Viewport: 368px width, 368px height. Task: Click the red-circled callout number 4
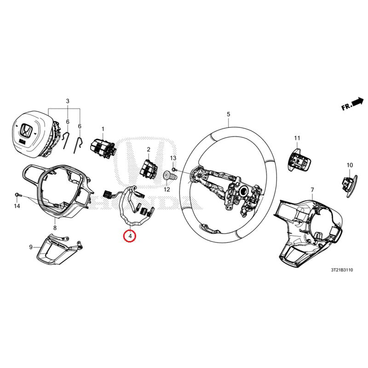[x=130, y=236]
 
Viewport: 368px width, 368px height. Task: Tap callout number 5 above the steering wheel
[x=228, y=114]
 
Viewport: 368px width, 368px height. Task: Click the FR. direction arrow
[x=352, y=104]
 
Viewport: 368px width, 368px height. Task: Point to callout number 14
[x=17, y=207]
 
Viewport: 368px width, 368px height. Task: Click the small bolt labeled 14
[x=17, y=195]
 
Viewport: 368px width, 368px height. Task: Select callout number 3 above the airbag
[x=68, y=101]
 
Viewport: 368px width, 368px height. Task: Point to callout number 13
[x=173, y=158]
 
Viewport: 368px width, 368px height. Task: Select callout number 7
[x=312, y=190]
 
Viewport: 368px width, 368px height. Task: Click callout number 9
[x=31, y=247]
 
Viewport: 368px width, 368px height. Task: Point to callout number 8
[x=55, y=228]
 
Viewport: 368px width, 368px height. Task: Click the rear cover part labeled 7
[x=308, y=230]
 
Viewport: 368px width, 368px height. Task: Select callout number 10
[x=350, y=165]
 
